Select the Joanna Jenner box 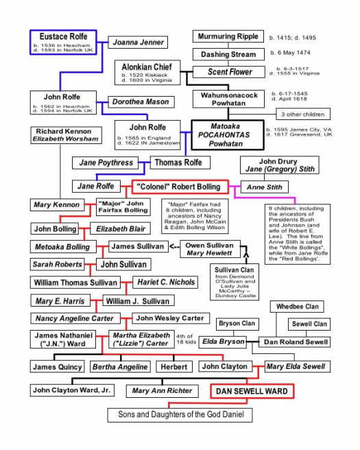[x=138, y=43]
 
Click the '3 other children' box [x=302, y=114]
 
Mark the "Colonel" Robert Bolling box [x=179, y=186]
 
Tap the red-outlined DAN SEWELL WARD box [x=252, y=391]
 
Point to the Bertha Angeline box [x=119, y=367]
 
